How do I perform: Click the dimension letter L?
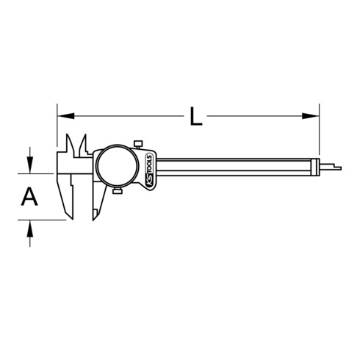(x=195, y=115)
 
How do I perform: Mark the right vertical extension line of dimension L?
(x=320, y=132)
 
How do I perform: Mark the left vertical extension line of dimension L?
(x=56, y=132)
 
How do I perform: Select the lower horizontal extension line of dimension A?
(x=40, y=220)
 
